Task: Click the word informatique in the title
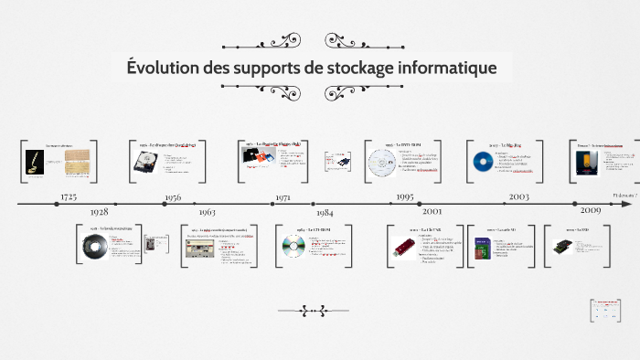(443, 68)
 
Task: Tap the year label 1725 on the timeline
(69, 196)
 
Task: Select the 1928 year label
(98, 212)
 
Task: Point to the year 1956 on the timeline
(173, 196)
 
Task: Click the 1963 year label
(206, 212)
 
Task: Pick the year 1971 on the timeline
(283, 196)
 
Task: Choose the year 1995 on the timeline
(405, 196)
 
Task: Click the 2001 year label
(432, 212)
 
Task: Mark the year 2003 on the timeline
(518, 196)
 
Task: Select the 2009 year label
(586, 211)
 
